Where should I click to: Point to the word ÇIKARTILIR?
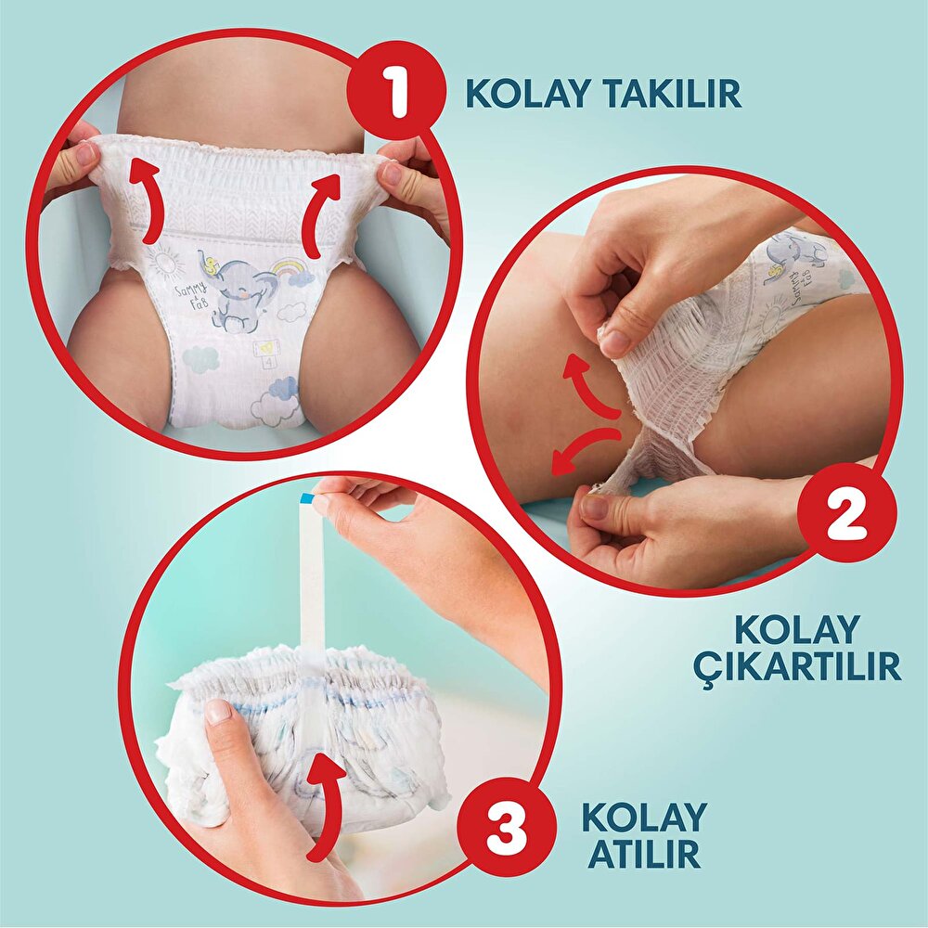pyautogui.click(x=797, y=667)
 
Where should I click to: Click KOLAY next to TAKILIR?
pyautogui.click(x=522, y=93)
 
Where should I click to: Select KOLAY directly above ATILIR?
pyautogui.click(x=644, y=817)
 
